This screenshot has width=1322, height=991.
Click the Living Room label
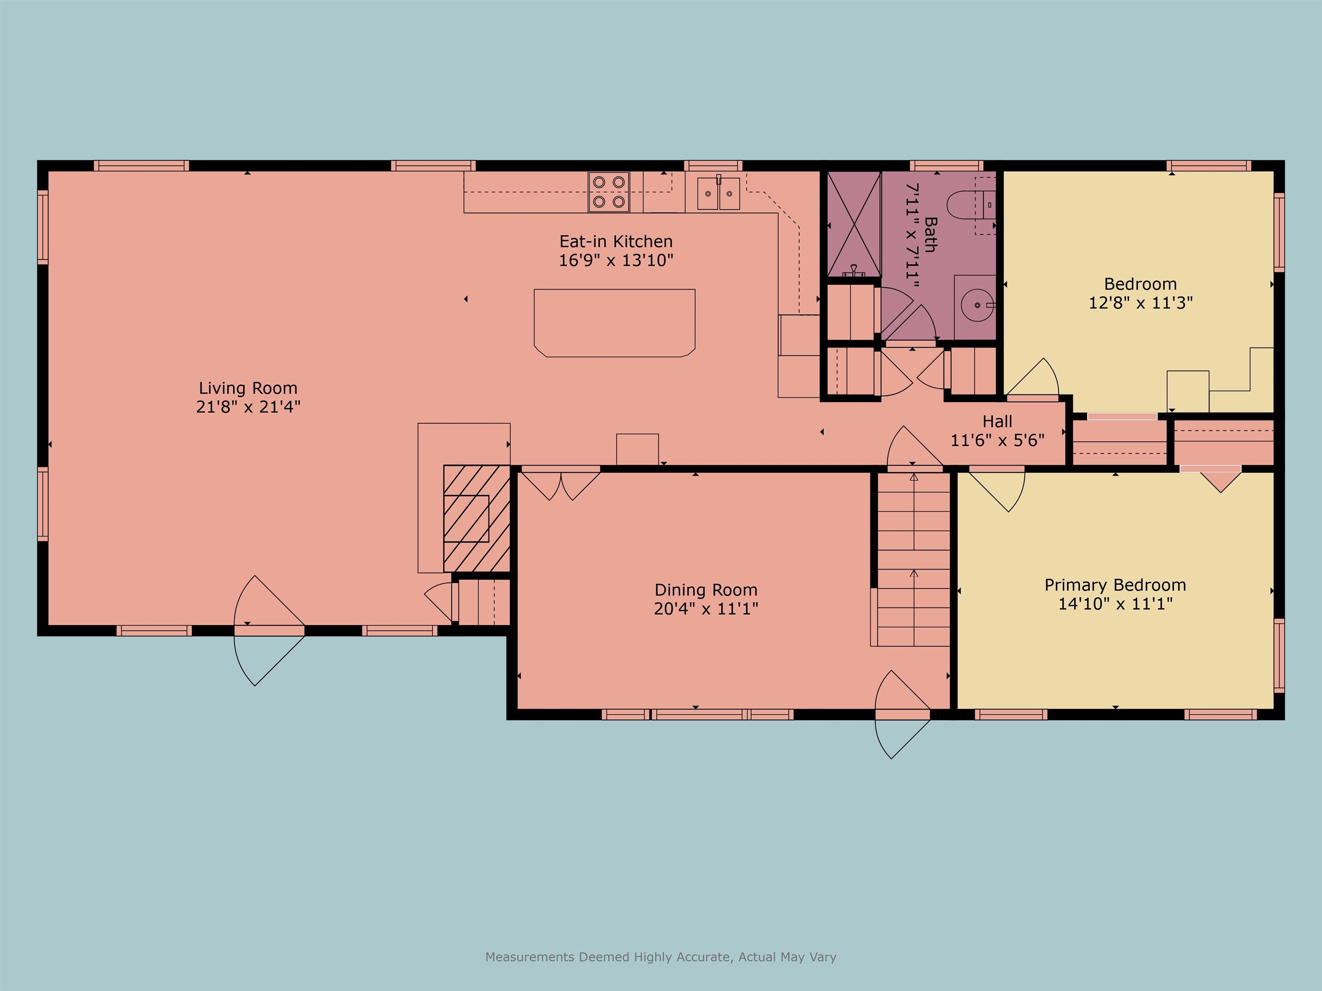(x=248, y=388)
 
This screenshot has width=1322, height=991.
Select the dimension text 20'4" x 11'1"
(x=706, y=609)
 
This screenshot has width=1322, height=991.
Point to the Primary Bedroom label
(x=1115, y=585)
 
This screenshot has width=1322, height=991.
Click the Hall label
(x=998, y=421)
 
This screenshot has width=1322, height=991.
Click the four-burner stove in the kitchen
(x=608, y=192)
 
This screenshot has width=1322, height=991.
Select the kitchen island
(x=615, y=323)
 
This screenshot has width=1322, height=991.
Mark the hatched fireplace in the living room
(x=476, y=518)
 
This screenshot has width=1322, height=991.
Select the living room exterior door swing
(x=269, y=630)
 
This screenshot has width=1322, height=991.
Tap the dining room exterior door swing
(x=902, y=714)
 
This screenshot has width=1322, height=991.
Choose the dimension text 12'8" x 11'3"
(x=1140, y=303)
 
